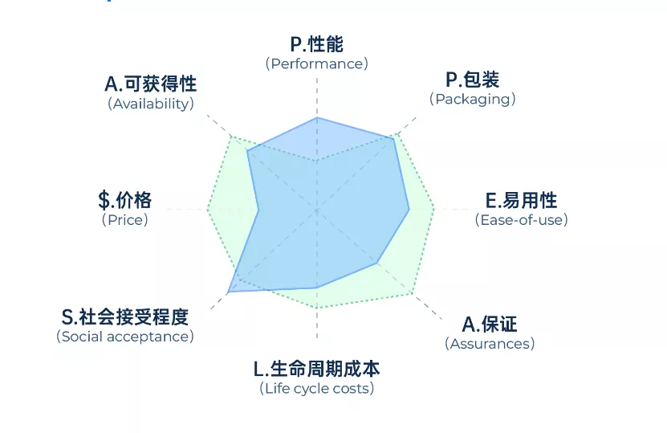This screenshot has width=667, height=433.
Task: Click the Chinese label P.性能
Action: (x=317, y=44)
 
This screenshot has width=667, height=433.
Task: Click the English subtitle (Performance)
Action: (x=317, y=63)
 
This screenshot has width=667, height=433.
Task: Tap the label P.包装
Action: (x=472, y=80)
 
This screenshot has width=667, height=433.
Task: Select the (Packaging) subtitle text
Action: (x=472, y=99)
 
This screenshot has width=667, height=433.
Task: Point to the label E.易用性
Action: (x=521, y=201)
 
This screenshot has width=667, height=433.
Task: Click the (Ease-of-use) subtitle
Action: (x=521, y=220)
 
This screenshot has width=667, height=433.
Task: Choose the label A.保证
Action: (x=490, y=325)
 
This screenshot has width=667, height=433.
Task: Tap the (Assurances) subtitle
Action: (x=490, y=344)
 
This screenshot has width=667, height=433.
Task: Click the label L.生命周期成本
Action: (x=317, y=369)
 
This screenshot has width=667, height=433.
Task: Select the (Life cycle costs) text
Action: (x=317, y=388)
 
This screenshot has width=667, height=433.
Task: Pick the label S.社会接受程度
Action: (x=125, y=317)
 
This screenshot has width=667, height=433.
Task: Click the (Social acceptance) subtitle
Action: (x=125, y=337)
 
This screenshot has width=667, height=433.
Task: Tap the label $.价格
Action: (x=124, y=200)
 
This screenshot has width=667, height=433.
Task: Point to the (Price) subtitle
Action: (x=124, y=220)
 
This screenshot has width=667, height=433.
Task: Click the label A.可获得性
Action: (x=151, y=84)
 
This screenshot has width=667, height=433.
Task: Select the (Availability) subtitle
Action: (x=151, y=104)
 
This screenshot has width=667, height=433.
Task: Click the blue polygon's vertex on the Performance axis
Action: (x=317, y=117)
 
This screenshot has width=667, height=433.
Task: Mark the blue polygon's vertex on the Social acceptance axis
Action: (x=229, y=292)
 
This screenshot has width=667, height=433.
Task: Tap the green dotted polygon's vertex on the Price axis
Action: (x=208, y=210)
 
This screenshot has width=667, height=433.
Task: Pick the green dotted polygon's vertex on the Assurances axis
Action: (x=413, y=294)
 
